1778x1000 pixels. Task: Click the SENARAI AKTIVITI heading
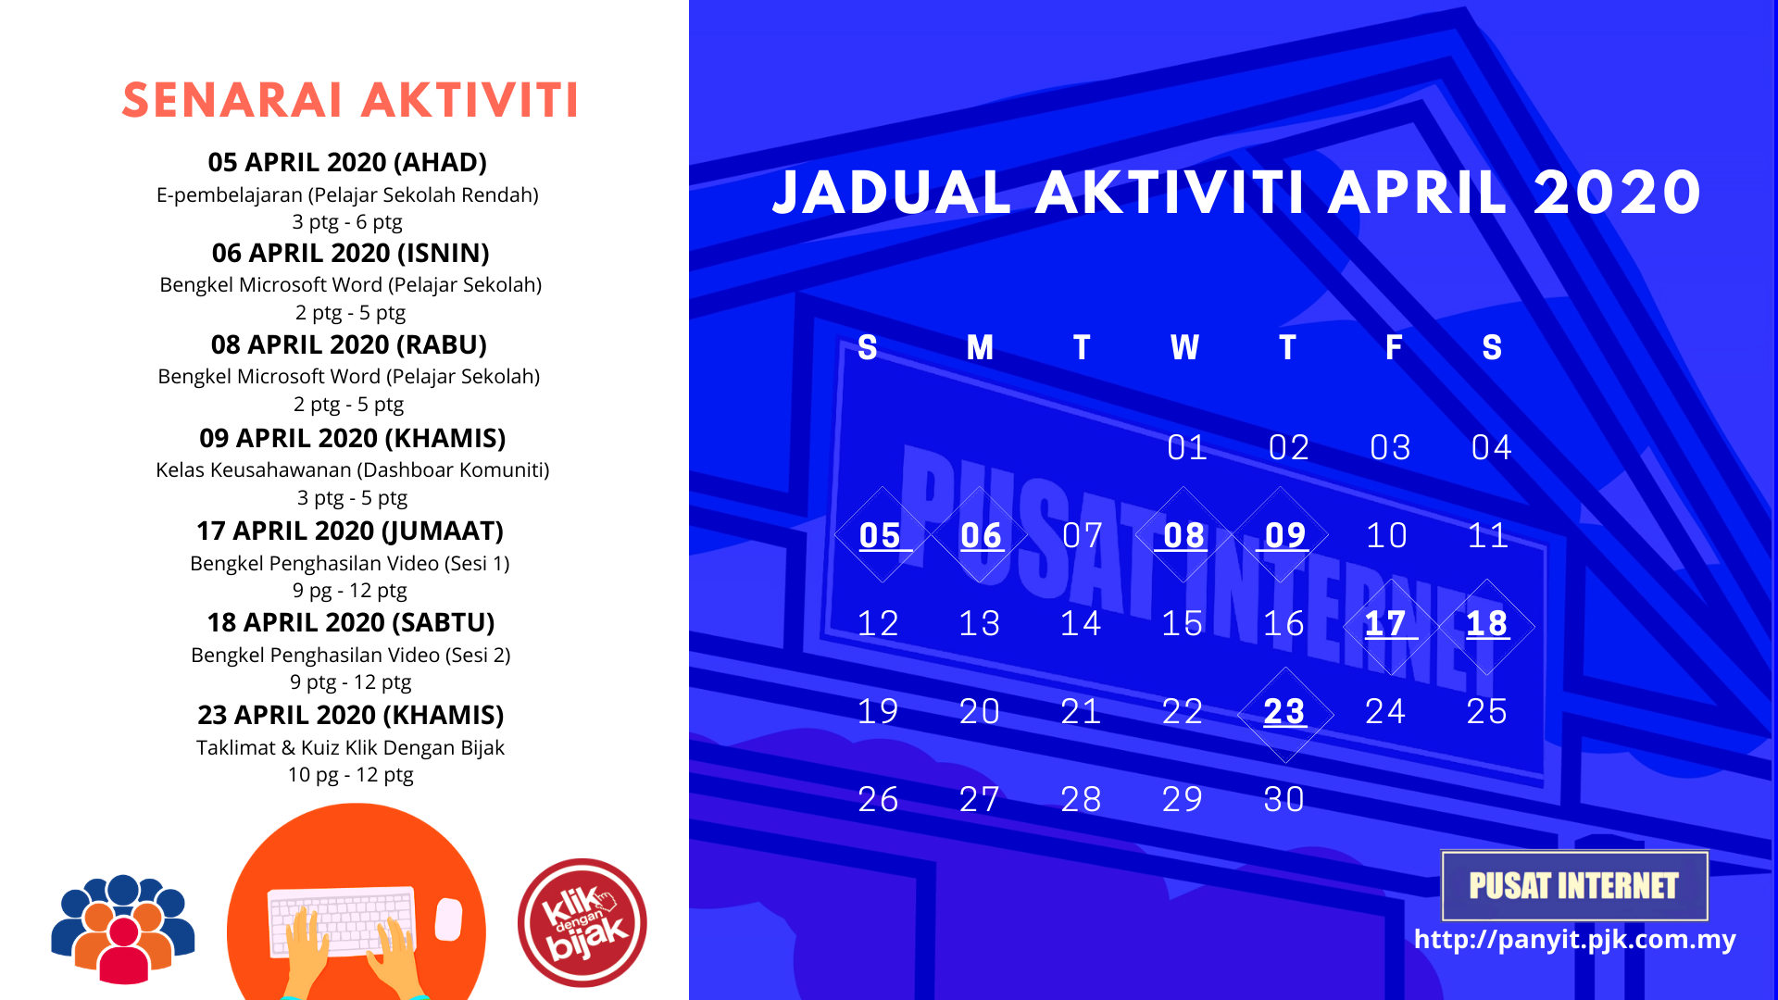350,100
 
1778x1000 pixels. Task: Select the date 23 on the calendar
1284,711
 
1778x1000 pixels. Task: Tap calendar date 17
1386,623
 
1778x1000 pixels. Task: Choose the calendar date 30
1284,799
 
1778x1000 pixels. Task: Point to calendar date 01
1187,447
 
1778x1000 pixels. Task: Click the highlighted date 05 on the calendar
880,535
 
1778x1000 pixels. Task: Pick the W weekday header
1184,347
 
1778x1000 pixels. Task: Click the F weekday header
1394,347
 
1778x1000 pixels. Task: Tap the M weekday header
980,347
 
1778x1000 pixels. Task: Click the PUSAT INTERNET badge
1574,885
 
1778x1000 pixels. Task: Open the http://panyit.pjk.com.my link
1574,940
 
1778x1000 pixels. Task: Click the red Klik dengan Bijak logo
582,922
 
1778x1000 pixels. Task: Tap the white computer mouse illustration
448,919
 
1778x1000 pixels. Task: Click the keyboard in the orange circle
341,922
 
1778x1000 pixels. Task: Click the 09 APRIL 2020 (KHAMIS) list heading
353,438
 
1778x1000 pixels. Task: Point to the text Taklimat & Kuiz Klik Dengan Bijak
350,747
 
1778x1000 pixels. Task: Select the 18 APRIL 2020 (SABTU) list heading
351,622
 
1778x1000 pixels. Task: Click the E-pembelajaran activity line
347,194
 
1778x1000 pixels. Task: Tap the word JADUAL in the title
891,193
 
